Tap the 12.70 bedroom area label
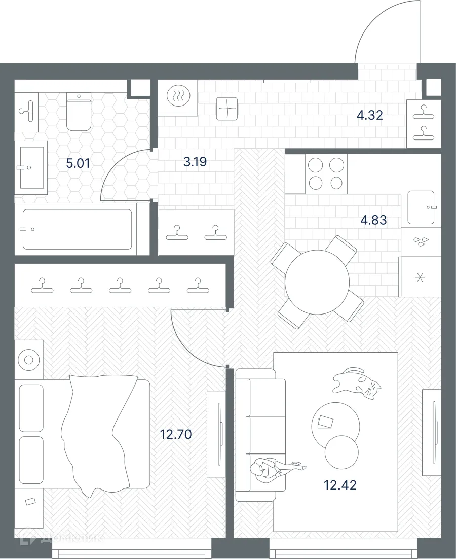pyautogui.click(x=176, y=434)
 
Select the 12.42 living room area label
pyautogui.click(x=340, y=485)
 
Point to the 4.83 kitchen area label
pyautogui.click(x=373, y=220)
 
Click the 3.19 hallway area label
pyautogui.click(x=195, y=163)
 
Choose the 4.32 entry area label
pyautogui.click(x=369, y=115)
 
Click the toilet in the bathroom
pyautogui.click(x=79, y=112)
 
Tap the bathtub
pyautogui.click(x=76, y=229)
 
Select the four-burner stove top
pyautogui.click(x=326, y=174)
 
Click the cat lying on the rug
pyautogui.click(x=357, y=381)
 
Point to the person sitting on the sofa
pyautogui.click(x=271, y=467)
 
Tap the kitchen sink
pyautogui.click(x=421, y=207)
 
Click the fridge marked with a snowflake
pyautogui.click(x=420, y=277)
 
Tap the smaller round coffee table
pyautogui.click(x=341, y=452)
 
